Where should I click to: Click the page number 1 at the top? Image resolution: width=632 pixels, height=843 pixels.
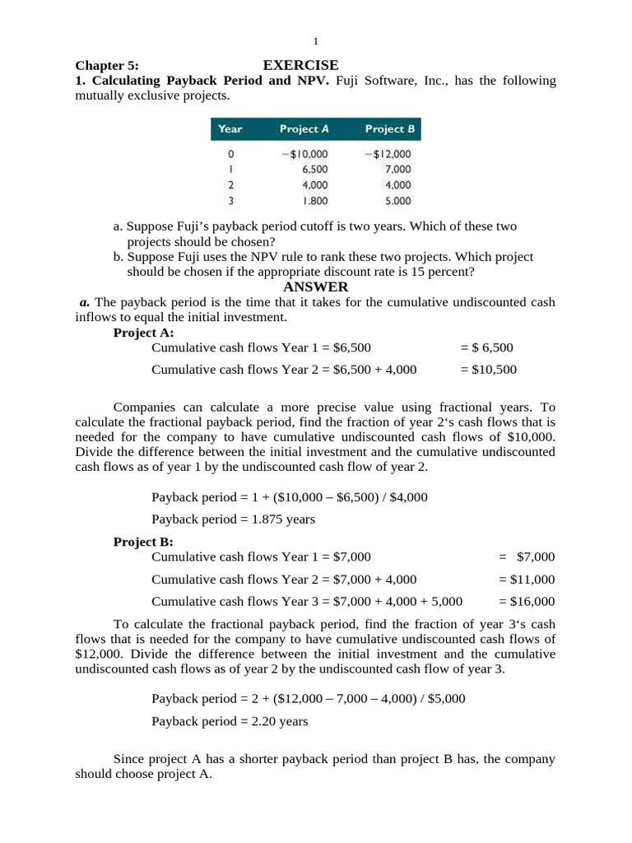[x=316, y=42]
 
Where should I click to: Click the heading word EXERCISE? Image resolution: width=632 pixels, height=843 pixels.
[x=300, y=65]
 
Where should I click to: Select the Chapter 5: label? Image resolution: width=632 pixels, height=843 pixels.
[x=108, y=66]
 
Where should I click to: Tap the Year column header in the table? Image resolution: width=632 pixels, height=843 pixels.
[x=230, y=129]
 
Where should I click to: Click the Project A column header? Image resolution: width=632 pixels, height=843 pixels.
[x=304, y=129]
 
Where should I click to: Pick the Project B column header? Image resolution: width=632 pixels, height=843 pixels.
[x=389, y=129]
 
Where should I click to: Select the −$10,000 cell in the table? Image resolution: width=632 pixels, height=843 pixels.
[x=304, y=154]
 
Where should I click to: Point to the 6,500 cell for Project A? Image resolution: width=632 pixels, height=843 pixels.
[x=315, y=170]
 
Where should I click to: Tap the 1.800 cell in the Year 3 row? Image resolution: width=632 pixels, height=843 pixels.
[x=315, y=201]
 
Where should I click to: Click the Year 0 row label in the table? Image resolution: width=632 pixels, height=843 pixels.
[x=230, y=154]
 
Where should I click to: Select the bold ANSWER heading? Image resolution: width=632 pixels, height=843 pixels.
[x=316, y=287]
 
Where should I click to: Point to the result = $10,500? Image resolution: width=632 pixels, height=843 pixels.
[x=489, y=370]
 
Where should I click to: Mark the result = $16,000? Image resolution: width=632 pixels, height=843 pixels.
[x=527, y=601]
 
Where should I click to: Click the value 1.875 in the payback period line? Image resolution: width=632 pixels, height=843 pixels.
[x=257, y=519]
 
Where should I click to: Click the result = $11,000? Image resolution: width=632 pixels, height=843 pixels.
[x=527, y=579]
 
